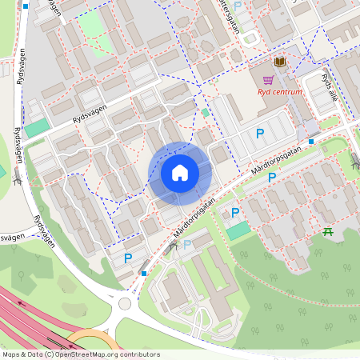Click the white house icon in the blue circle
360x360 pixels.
180,173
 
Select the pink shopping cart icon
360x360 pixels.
267,79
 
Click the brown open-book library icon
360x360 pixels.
280,62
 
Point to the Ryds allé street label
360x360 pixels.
330,86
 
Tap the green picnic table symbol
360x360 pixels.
328,232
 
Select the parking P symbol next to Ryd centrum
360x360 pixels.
259,134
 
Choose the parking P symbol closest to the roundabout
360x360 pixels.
128,258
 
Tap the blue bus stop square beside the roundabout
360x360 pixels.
143,274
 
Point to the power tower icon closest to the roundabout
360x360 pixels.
170,250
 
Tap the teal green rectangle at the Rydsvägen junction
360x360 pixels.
36,127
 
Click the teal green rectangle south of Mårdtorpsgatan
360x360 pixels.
238,230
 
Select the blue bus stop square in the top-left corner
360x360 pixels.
26,6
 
